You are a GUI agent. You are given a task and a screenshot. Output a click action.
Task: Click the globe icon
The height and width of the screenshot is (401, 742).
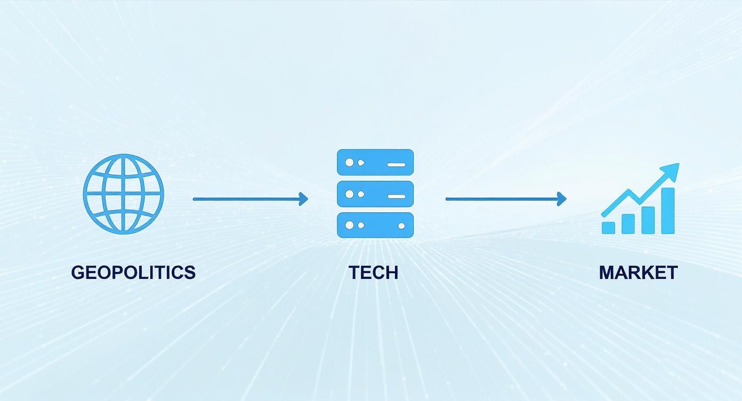point(124,194)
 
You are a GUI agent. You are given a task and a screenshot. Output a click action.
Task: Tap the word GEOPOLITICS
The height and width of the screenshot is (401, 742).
point(133,272)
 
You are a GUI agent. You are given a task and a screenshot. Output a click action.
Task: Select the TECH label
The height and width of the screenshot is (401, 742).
point(374,272)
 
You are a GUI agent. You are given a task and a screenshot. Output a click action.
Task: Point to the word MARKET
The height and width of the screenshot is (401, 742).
point(638,272)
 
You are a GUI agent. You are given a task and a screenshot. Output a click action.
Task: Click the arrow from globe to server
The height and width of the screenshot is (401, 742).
point(251,199)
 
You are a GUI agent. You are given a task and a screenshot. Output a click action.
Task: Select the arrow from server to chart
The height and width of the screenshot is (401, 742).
point(506,199)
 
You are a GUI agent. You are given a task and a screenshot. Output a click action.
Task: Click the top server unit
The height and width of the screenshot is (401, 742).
point(375,162)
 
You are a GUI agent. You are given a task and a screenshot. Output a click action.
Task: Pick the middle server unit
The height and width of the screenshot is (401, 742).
point(375,194)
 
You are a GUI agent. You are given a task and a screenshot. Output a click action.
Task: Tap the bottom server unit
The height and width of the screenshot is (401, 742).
point(375,225)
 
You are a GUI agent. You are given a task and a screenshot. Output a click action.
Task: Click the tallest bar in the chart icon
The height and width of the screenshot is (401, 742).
point(668,211)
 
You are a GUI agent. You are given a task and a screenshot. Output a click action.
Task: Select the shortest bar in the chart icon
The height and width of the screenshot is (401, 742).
point(608,228)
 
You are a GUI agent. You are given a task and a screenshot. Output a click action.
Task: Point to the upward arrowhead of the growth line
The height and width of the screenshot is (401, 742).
point(670,172)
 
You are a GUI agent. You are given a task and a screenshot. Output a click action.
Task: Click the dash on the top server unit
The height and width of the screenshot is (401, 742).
point(397,165)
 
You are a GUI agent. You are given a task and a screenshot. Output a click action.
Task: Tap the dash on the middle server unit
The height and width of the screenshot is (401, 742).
point(397,196)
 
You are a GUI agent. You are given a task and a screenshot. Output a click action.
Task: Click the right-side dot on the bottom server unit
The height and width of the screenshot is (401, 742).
point(401,226)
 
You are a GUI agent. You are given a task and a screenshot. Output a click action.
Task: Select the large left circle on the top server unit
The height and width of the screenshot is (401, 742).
point(349,163)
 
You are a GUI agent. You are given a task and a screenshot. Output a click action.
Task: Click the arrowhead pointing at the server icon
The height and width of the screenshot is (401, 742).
point(303,199)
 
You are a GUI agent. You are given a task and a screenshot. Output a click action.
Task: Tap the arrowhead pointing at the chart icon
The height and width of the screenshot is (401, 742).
point(562,199)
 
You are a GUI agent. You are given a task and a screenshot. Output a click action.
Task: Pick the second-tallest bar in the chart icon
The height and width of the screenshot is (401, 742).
point(648,220)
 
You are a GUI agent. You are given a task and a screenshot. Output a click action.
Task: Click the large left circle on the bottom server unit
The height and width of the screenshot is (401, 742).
point(349,226)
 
